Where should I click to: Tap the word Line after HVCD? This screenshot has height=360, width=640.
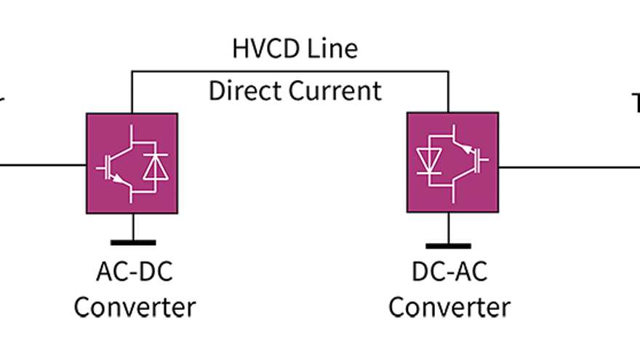[x=333, y=49]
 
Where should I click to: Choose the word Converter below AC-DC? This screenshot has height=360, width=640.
[x=135, y=307]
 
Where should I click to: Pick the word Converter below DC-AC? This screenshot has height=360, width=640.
[x=449, y=307]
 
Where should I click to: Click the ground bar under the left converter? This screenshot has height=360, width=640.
[x=132, y=243]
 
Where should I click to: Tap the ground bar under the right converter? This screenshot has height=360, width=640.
[x=448, y=245]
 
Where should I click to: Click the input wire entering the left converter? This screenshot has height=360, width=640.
[x=44, y=164]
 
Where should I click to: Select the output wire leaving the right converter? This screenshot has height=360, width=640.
[x=567, y=167]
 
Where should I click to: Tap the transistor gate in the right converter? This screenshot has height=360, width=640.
[x=484, y=161]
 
